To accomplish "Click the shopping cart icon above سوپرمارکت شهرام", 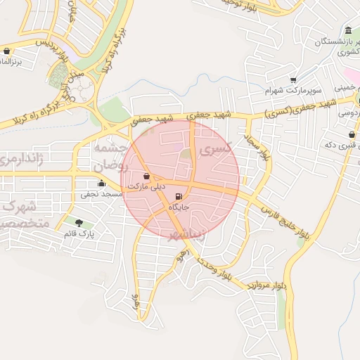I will (x=293, y=79).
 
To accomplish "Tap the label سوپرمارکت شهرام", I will (x=293, y=91).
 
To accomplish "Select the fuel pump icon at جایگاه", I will (x=179, y=196).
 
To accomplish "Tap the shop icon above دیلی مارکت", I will (x=146, y=176).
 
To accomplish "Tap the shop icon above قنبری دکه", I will (x=351, y=134).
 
